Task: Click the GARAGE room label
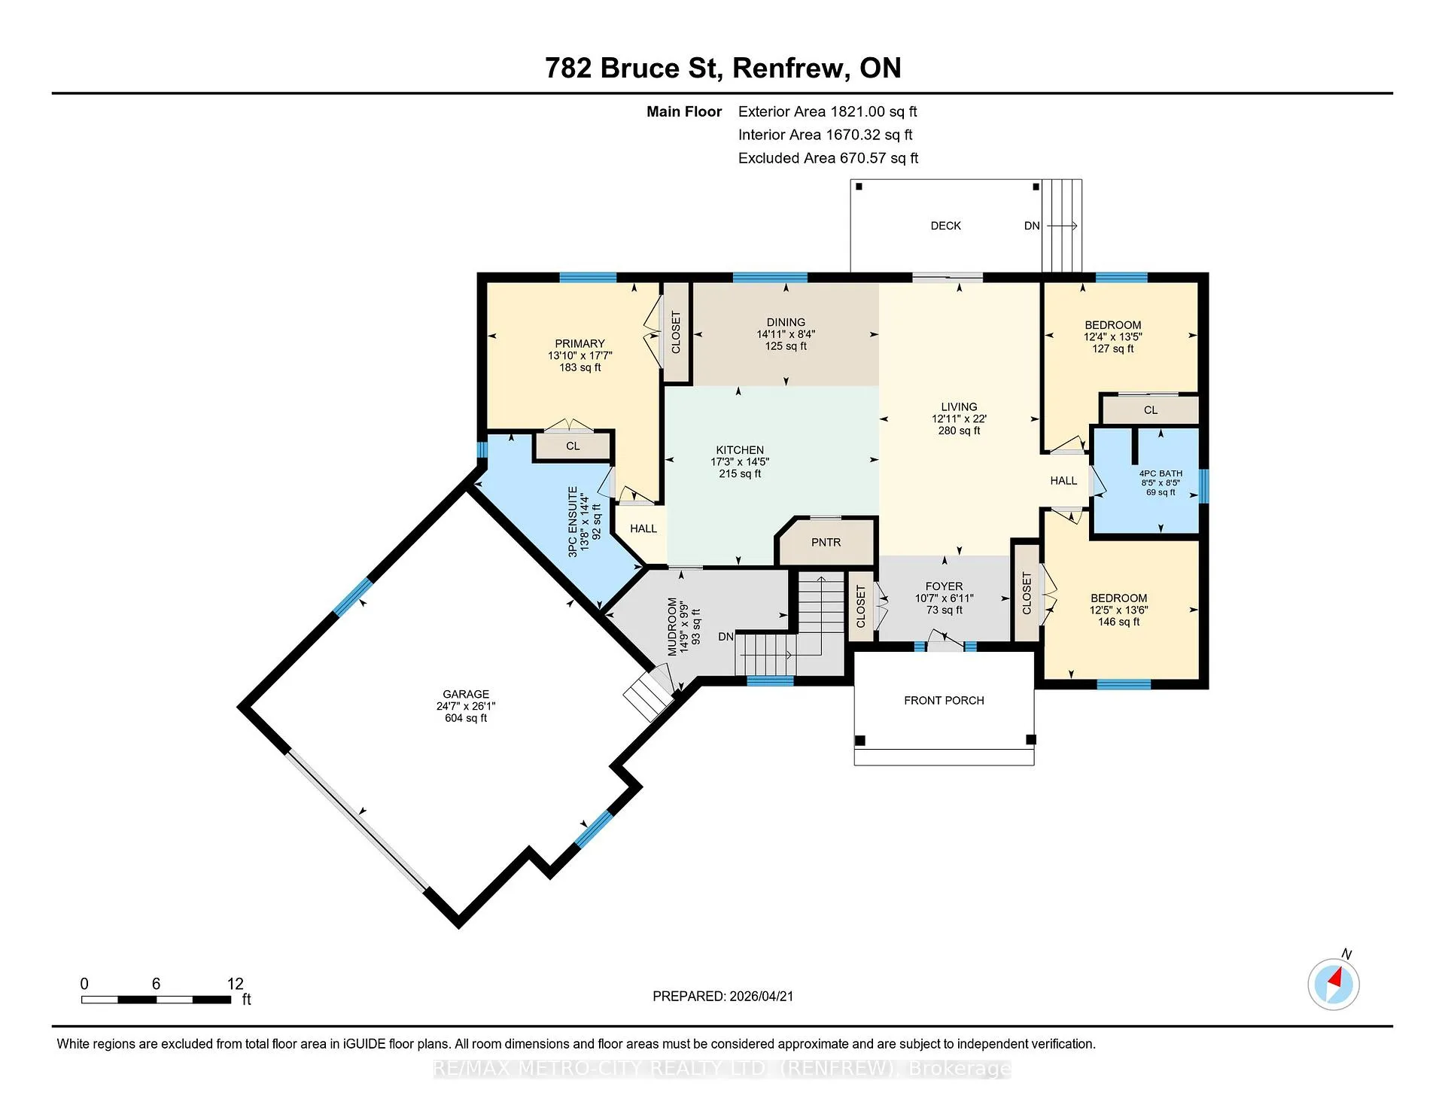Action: (466, 694)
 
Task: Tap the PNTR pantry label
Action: (826, 543)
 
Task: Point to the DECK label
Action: (946, 226)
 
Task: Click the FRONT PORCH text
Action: (944, 701)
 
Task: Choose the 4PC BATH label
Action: (1161, 474)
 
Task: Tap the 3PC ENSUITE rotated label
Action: (573, 521)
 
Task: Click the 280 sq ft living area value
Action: (959, 431)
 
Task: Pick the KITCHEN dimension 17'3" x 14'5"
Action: (740, 462)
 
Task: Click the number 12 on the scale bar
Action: (236, 984)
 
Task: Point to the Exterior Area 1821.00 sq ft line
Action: (828, 111)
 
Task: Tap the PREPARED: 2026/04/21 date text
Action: (722, 996)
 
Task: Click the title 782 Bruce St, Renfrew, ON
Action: (722, 68)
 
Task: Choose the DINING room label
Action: (786, 322)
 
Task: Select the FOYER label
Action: (944, 586)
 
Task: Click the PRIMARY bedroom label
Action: (580, 343)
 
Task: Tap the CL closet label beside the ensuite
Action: (573, 446)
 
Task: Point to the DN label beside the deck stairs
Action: (1032, 226)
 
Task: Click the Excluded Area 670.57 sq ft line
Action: (828, 158)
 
